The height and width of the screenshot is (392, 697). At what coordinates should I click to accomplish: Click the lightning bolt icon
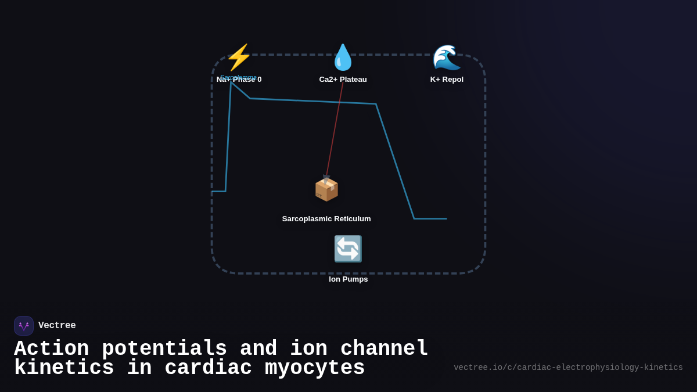point(239,57)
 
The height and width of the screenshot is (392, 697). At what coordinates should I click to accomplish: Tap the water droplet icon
point(343,57)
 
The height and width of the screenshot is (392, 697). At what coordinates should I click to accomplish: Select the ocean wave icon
point(447,57)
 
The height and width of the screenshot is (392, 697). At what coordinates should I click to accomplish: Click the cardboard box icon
point(326,189)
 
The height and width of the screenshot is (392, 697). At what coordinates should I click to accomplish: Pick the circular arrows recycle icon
point(348,249)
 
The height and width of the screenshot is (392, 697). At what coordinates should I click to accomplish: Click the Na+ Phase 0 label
point(239,80)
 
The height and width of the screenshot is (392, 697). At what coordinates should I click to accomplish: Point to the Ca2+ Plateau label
point(343,80)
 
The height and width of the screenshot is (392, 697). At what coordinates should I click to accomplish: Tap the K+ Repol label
point(447,80)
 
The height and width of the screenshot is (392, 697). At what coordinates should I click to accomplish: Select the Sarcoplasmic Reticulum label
point(326,219)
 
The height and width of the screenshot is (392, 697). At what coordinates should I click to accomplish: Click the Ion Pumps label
point(348,279)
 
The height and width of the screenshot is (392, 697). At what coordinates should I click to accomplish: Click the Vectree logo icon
point(24,326)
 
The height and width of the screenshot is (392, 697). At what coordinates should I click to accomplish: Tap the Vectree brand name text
point(57,326)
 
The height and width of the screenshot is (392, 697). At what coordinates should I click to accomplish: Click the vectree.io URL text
point(568,368)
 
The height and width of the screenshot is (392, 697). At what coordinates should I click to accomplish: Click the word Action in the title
point(51,349)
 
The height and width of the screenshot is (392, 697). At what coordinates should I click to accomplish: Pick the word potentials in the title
point(164,349)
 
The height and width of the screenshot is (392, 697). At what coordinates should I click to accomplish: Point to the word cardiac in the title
point(209,368)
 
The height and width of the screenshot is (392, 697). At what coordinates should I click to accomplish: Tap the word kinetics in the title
point(64,368)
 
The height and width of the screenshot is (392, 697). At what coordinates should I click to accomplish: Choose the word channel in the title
point(385,349)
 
